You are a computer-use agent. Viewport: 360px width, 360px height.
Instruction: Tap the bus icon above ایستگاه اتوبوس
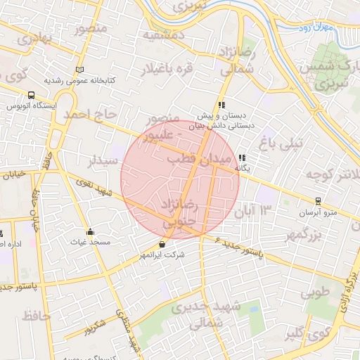(x=31, y=95)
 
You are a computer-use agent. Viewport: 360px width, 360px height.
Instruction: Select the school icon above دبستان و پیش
(x=222, y=105)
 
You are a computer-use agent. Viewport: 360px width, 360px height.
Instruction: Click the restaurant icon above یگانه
(x=242, y=158)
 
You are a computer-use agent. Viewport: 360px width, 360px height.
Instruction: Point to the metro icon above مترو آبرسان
(x=318, y=200)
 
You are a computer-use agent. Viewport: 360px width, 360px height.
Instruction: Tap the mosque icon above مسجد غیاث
(x=90, y=232)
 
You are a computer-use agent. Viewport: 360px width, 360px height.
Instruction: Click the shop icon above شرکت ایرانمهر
(x=163, y=244)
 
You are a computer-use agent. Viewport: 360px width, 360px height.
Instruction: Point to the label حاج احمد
(x=87, y=113)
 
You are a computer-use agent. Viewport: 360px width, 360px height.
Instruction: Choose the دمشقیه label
(x=163, y=34)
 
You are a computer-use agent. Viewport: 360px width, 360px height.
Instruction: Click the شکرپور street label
(x=95, y=326)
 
